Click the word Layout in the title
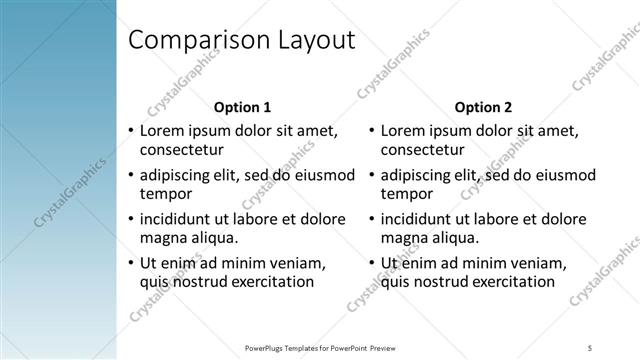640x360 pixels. (313, 41)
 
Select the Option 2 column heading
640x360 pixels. (483, 107)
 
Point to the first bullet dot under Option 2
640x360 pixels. (371, 131)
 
